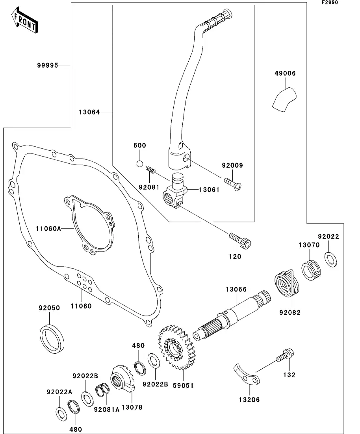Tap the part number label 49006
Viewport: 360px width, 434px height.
[285, 73]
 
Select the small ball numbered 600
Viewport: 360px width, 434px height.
[139, 163]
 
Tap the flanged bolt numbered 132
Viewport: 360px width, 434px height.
[284, 355]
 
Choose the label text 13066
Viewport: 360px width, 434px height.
[236, 290]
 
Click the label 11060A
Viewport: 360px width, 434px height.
[48, 228]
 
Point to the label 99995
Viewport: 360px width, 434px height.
[48, 65]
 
